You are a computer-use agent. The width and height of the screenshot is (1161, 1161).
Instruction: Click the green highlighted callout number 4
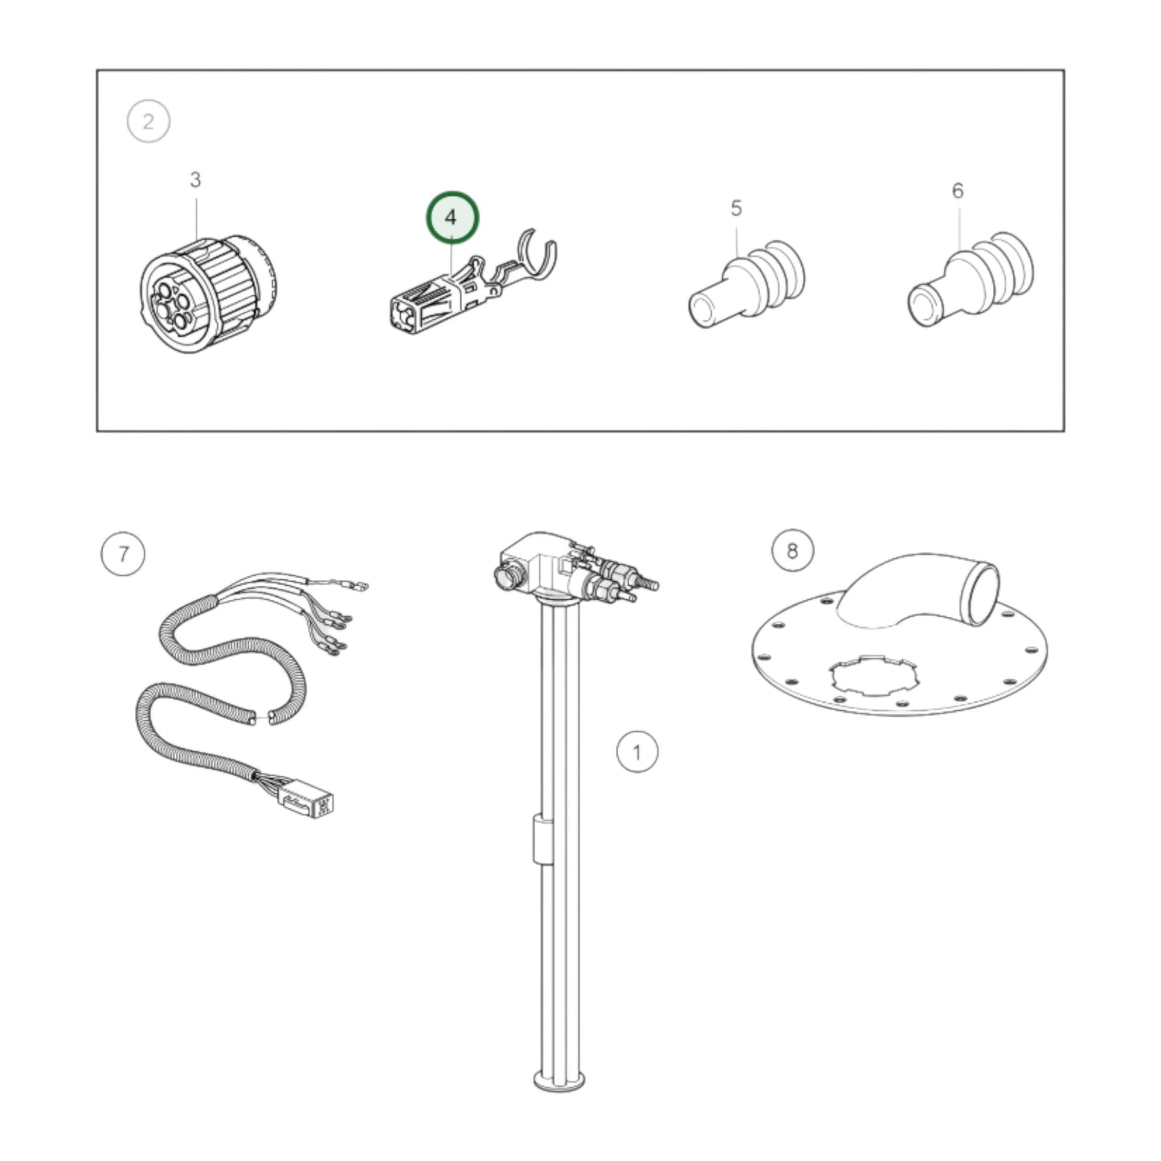pyautogui.click(x=452, y=217)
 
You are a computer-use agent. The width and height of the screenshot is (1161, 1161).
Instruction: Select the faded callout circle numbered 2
pyautogui.click(x=148, y=121)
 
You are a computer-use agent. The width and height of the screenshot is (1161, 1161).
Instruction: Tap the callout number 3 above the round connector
pyautogui.click(x=195, y=179)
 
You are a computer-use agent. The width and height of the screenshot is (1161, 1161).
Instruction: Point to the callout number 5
pyautogui.click(x=736, y=208)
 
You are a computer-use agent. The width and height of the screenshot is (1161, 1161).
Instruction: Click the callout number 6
pyautogui.click(x=958, y=191)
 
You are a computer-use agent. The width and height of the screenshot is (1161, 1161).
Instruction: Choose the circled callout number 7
pyautogui.click(x=123, y=553)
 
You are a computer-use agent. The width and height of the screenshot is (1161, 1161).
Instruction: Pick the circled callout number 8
pyautogui.click(x=792, y=550)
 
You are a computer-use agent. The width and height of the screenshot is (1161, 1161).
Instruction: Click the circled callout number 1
pyautogui.click(x=637, y=751)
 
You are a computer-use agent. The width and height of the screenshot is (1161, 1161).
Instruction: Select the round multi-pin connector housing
pyautogui.click(x=208, y=294)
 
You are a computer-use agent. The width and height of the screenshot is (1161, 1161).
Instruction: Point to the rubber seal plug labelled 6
pyautogui.click(x=970, y=280)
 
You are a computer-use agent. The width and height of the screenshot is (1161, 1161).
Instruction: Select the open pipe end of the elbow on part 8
pyautogui.click(x=982, y=592)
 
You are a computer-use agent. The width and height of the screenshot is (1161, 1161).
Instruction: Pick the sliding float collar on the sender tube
pyautogui.click(x=542, y=838)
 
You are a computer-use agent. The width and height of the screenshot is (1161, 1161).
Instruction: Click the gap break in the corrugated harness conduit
pyautogui.click(x=261, y=717)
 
